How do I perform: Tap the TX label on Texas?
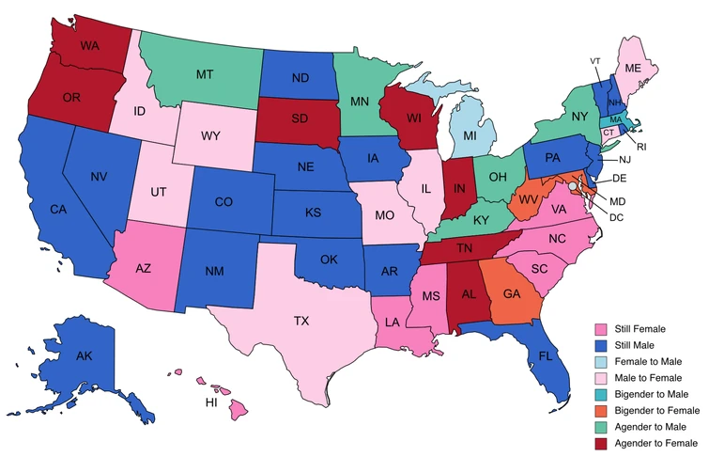pyautogui.click(x=301, y=321)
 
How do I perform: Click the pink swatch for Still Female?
pyautogui.click(x=598, y=329)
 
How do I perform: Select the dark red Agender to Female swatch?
pyautogui.click(x=598, y=442)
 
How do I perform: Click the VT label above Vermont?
pyautogui.click(x=594, y=62)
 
